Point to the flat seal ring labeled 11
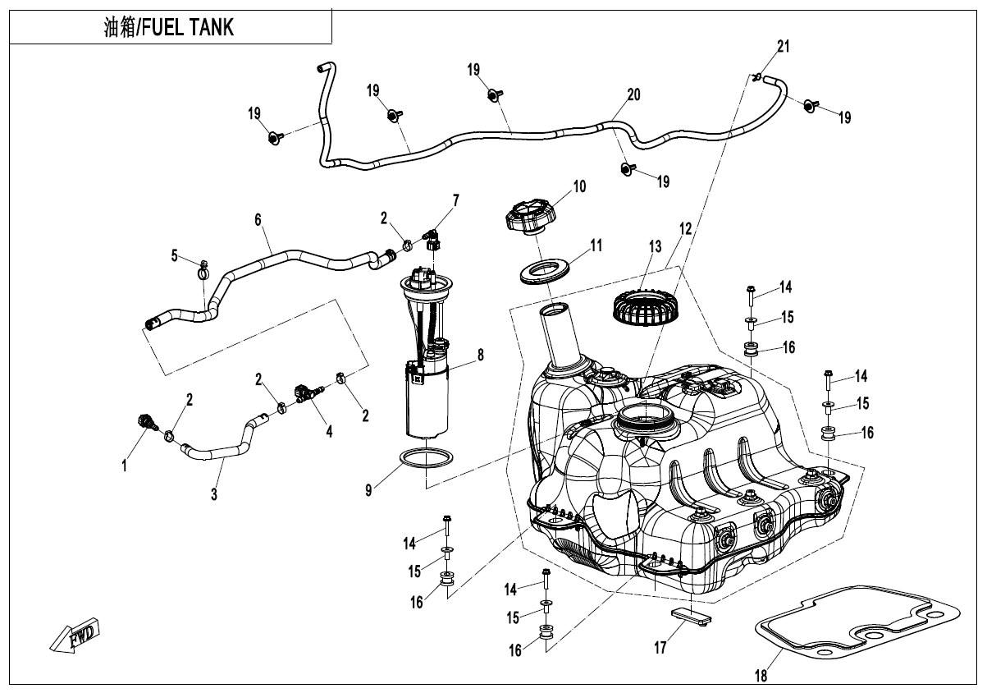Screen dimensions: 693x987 (x=546, y=271)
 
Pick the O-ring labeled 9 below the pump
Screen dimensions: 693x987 (x=427, y=458)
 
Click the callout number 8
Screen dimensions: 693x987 (x=481, y=356)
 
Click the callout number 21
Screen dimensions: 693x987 (x=784, y=47)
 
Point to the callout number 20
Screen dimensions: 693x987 (x=633, y=95)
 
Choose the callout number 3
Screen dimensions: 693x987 (x=214, y=494)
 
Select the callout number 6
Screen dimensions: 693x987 (x=258, y=220)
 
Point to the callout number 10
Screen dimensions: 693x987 (x=579, y=186)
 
